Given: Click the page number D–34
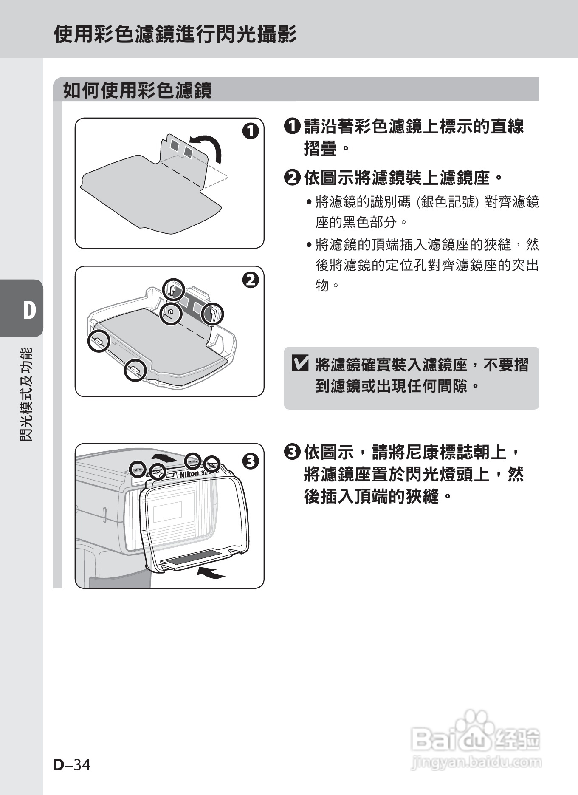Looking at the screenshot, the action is [x=72, y=765].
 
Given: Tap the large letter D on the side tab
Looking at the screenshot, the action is [x=29, y=310].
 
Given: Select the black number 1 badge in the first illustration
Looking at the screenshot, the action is [x=250, y=131].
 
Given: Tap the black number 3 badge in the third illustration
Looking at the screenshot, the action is [x=250, y=461].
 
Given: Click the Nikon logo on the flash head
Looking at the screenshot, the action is [x=189, y=474].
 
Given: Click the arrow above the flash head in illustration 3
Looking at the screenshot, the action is [x=165, y=458].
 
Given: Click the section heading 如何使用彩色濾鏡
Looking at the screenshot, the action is [x=137, y=90].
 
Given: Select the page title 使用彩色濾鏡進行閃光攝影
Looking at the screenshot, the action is [x=175, y=34].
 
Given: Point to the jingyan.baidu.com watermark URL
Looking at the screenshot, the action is [x=476, y=762].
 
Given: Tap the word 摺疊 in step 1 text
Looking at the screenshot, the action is [x=321, y=148].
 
